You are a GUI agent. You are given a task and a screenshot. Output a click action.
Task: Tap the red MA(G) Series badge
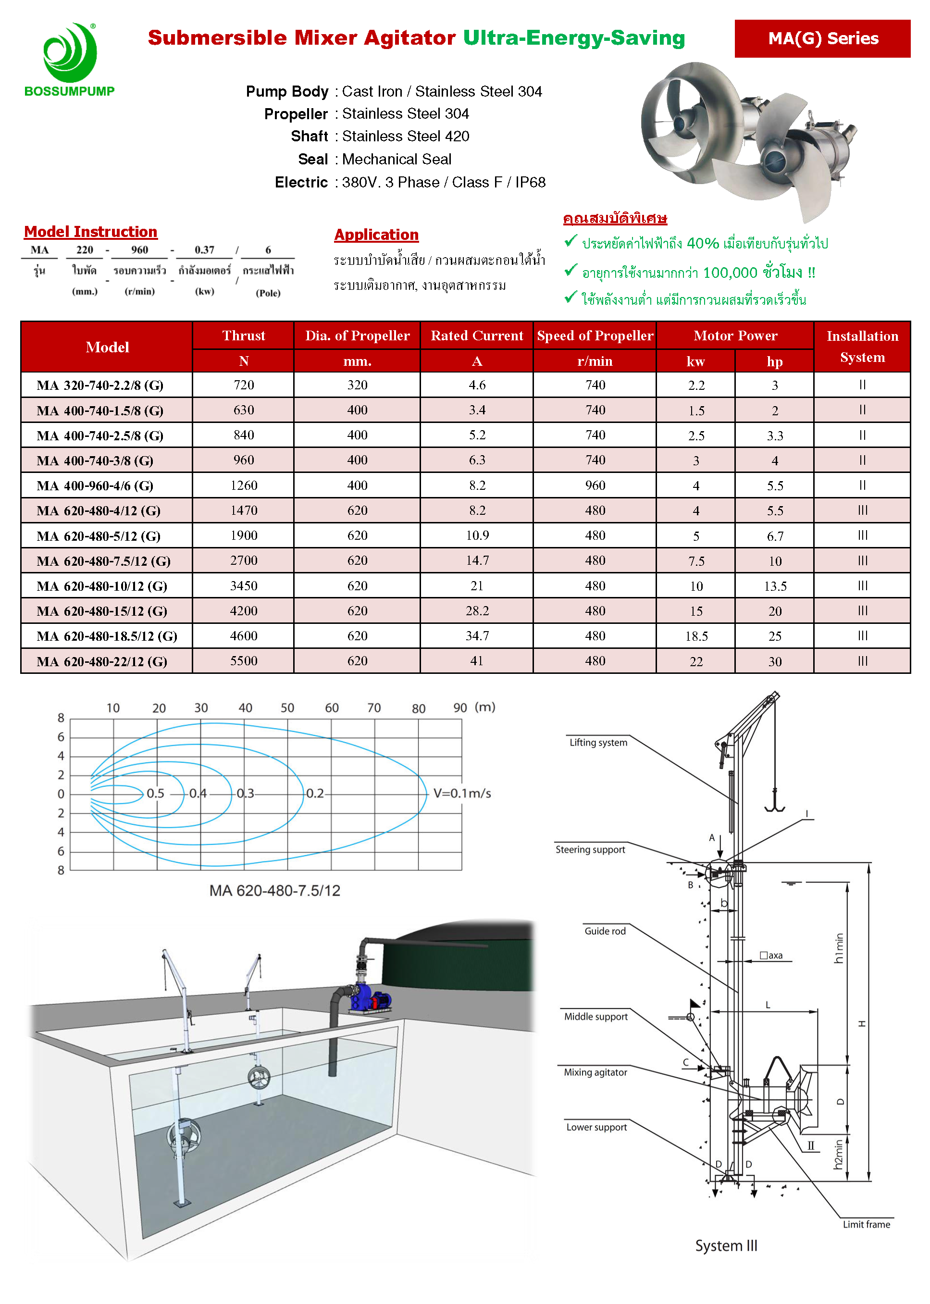click(x=822, y=38)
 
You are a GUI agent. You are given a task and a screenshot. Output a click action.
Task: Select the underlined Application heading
click(x=376, y=235)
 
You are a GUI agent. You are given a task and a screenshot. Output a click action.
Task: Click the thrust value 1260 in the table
click(x=244, y=485)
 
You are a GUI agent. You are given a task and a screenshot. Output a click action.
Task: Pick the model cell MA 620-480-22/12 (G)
click(x=102, y=661)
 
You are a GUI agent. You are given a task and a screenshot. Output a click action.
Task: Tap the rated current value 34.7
click(x=477, y=636)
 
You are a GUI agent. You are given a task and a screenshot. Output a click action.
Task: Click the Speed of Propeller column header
click(x=595, y=335)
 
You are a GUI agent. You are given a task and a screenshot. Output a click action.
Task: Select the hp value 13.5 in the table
click(x=775, y=586)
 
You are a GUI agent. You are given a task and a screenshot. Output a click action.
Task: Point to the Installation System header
click(x=862, y=347)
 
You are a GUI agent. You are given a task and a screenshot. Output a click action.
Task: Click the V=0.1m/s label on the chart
click(x=462, y=793)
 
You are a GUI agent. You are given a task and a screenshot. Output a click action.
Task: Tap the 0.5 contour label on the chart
click(x=155, y=793)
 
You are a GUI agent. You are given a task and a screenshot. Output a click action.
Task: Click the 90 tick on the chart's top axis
click(x=460, y=708)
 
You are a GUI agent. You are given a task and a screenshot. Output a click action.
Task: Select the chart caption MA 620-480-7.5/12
click(x=275, y=891)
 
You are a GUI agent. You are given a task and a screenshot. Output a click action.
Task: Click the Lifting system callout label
click(x=598, y=742)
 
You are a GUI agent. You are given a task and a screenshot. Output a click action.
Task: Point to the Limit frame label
click(x=866, y=1224)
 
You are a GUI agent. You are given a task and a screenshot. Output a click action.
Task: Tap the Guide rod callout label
click(x=605, y=931)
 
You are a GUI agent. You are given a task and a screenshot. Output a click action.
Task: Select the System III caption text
click(x=726, y=1245)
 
